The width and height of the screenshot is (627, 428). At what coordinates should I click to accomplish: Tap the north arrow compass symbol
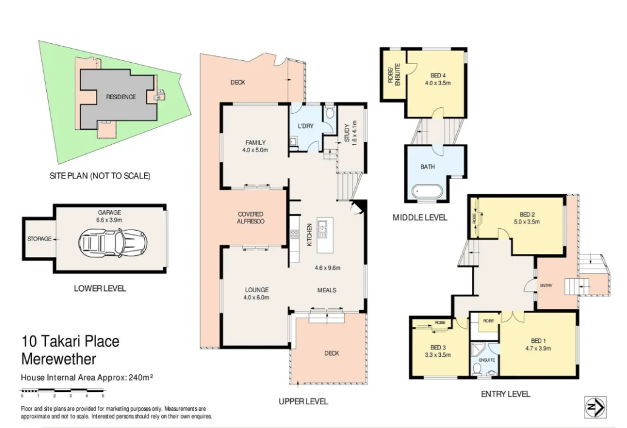(x=595, y=407)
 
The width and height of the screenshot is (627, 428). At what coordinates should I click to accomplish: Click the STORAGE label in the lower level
(x=40, y=239)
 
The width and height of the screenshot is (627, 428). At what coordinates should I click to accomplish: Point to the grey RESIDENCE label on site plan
(x=121, y=97)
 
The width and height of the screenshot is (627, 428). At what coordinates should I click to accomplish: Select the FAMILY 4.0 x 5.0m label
(x=255, y=146)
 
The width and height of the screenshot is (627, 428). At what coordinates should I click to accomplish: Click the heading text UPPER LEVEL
(x=303, y=401)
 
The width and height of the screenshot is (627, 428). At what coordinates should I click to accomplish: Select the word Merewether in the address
(x=58, y=359)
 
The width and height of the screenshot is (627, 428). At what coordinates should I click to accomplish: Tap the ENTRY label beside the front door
(x=546, y=285)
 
